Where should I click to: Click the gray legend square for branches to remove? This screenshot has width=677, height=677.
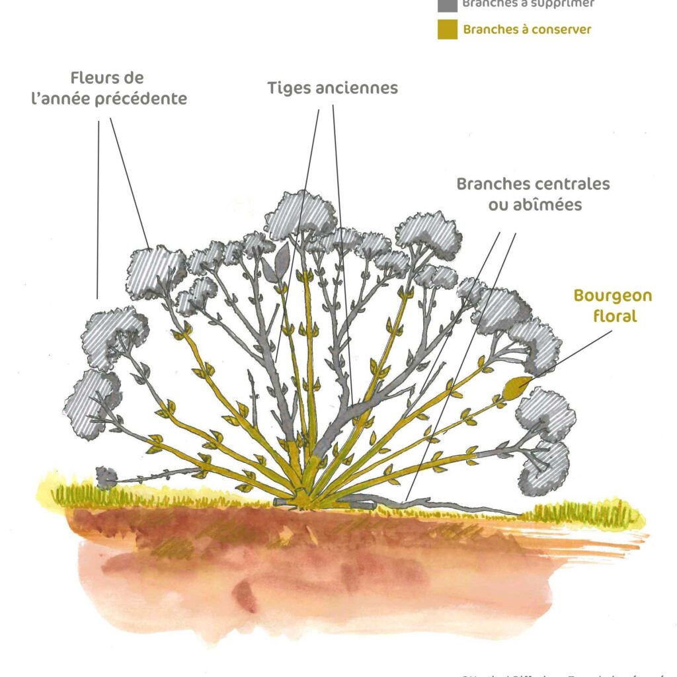click(x=447, y=4)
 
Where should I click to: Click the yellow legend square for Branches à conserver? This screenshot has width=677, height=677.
click(x=447, y=30)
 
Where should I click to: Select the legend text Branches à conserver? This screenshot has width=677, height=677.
click(x=527, y=30)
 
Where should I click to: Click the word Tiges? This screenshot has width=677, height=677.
click(x=290, y=88)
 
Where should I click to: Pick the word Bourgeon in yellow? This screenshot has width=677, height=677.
click(x=612, y=296)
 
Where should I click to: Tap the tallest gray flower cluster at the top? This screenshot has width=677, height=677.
click(x=301, y=214)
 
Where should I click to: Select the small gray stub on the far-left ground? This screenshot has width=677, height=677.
click(x=106, y=477)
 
